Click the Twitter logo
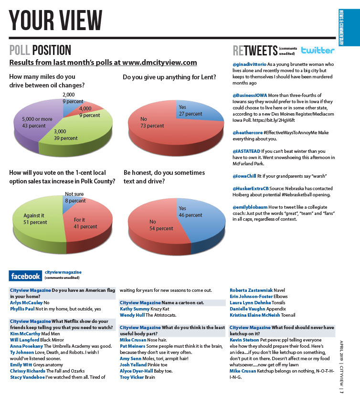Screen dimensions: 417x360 (318, 50)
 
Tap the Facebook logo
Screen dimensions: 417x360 (25, 276)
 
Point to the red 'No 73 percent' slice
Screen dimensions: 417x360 (158, 127)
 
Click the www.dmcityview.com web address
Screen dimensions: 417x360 (159, 63)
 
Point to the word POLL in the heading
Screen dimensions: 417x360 (20, 50)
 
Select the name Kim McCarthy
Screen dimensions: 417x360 (25, 333)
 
